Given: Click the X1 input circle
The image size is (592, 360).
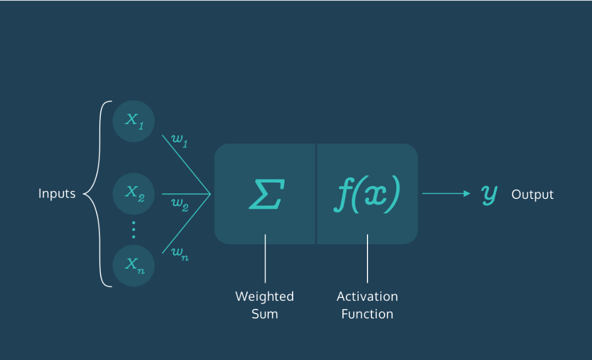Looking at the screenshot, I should click(x=134, y=120).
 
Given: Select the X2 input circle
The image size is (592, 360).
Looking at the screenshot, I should click(x=134, y=193).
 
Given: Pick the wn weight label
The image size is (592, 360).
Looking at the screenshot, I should click(x=179, y=254).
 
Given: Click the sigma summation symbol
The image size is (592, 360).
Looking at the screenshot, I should click(x=265, y=193).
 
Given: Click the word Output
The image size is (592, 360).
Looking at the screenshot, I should click(x=532, y=194).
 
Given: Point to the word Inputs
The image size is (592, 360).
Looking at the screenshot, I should click(x=57, y=194).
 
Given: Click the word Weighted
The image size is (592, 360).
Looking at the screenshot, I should click(x=264, y=296).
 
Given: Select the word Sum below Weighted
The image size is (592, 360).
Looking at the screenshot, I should click(x=264, y=314).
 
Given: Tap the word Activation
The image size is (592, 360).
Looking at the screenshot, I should click(x=367, y=296).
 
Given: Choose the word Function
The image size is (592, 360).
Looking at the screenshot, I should click(x=367, y=314).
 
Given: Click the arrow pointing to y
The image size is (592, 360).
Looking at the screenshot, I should click(x=446, y=193).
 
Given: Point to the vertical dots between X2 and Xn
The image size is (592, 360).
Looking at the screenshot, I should click(x=134, y=229).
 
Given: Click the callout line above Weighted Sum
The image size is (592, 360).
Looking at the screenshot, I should click(x=265, y=259).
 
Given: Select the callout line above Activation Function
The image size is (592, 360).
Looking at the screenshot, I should click(x=367, y=259).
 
